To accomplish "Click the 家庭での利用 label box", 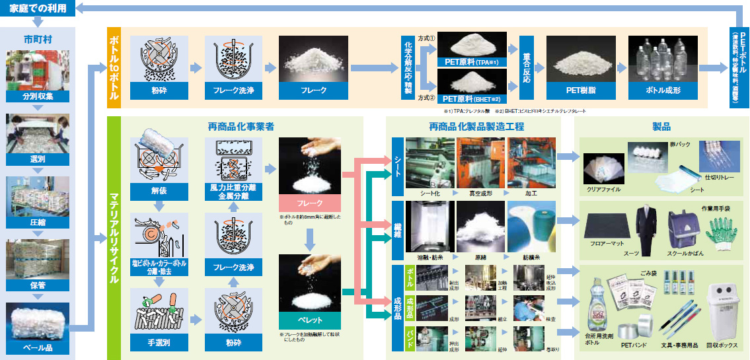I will coord(37,9).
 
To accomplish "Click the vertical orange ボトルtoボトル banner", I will coord(114,68).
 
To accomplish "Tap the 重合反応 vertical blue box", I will coord(527,68).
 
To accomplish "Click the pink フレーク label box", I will coord(310,203).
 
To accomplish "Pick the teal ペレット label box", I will coord(310,320).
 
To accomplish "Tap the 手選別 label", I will coord(159,342).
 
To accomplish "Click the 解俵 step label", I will coord(159,192).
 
